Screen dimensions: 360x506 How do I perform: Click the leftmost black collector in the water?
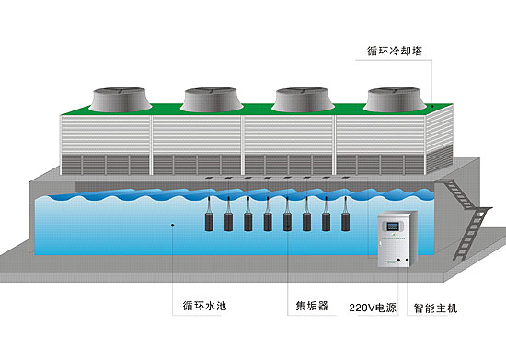pyautogui.click(x=209, y=222)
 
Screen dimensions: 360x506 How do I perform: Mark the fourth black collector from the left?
pyautogui.click(x=268, y=222)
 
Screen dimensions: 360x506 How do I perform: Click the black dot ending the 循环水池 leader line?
pyautogui.click(x=172, y=224)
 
